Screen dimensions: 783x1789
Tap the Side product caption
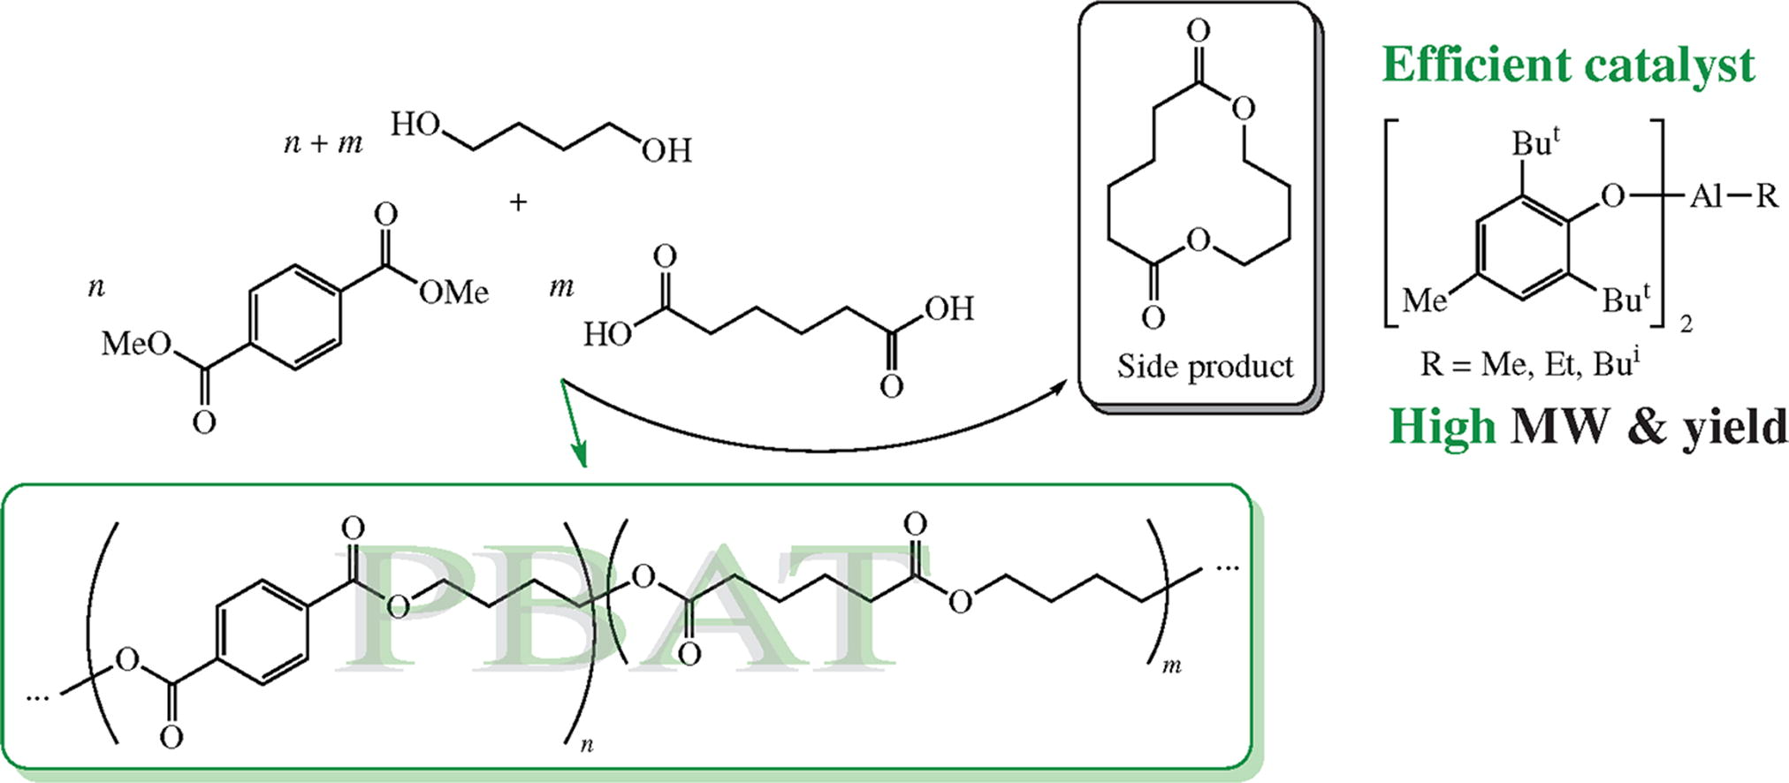[1204, 366]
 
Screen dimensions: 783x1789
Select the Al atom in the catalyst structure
[1707, 195]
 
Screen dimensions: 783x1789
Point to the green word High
[1443, 427]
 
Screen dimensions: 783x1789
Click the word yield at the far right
[1733, 429]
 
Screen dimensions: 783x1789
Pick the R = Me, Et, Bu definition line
[1530, 363]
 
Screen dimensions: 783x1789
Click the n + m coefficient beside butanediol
[323, 142]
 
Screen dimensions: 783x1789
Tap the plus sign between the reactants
[518, 202]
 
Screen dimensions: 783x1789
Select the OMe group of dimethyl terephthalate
[453, 292]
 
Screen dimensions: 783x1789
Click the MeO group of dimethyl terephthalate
[136, 343]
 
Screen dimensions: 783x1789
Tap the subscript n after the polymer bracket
[587, 745]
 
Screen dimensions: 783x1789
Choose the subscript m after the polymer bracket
[1172, 665]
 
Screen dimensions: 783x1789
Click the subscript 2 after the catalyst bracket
[1686, 324]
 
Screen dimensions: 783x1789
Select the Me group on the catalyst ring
[1424, 301]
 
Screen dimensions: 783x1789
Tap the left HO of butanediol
[415, 125]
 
